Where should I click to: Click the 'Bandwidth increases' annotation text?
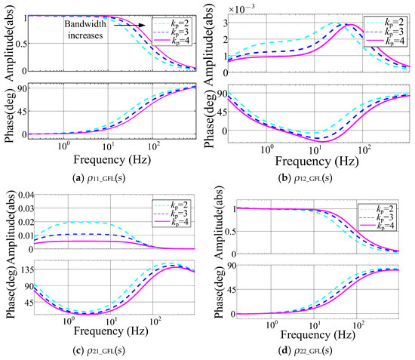tap(85, 29)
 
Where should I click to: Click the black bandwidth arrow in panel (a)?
tap(130, 25)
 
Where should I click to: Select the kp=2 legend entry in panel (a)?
tap(171, 23)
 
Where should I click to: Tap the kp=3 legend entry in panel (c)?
tap(171, 214)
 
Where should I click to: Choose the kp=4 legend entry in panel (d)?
tap(377, 226)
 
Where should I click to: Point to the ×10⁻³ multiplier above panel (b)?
tap(241, 8)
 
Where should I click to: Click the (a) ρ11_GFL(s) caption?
tap(99, 178)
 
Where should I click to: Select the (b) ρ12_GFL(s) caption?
tap(305, 178)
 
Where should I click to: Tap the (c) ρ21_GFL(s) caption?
tap(99, 351)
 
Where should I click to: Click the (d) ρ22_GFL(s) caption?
tap(305, 351)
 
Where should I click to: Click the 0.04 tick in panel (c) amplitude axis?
tap(25, 195)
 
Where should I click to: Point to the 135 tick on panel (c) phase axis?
tap(26, 270)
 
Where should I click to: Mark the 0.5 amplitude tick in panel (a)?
tap(21, 44)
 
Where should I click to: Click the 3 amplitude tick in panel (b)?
tap(226, 23)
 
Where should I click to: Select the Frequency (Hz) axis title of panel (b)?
tap(317, 162)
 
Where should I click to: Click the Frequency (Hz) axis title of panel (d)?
tap(318, 334)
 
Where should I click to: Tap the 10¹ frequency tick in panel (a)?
tap(108, 146)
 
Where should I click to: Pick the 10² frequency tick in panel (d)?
tap(358, 325)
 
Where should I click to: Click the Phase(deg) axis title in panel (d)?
tap(219, 292)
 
